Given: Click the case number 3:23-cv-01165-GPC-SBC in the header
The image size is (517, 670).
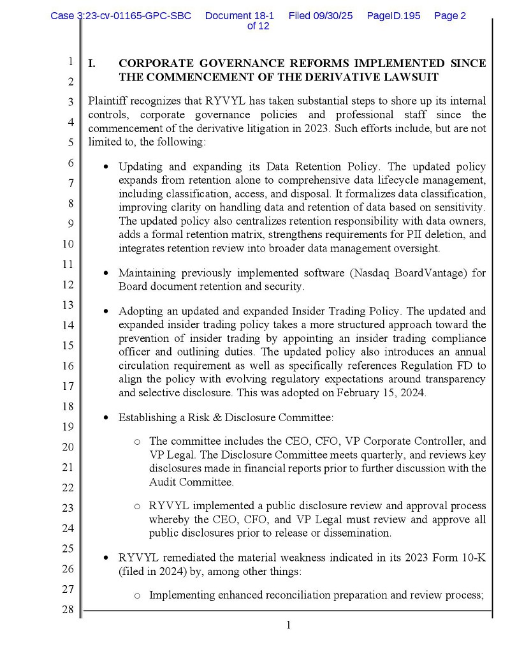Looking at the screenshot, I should pyautogui.click(x=121, y=16).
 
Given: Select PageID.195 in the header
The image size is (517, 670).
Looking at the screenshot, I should pyautogui.click(x=393, y=16).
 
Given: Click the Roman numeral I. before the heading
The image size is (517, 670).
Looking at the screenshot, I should pyautogui.click(x=92, y=64).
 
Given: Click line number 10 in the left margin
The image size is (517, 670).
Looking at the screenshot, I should pyautogui.click(x=68, y=244).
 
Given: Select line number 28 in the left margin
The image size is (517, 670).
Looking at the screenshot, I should pyautogui.click(x=68, y=609).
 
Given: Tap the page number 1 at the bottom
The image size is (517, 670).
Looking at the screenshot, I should pyautogui.click(x=288, y=625).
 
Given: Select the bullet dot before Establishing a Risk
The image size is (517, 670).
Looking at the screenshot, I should pyautogui.click(x=106, y=418).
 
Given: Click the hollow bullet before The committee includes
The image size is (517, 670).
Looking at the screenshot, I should pyautogui.click(x=137, y=442).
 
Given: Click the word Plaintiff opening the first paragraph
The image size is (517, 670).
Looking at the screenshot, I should pyautogui.click(x=106, y=101).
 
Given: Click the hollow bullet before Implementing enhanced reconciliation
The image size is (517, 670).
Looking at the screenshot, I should pyautogui.click(x=137, y=595).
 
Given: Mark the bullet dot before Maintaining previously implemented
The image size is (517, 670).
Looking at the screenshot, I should pyautogui.click(x=106, y=273).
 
